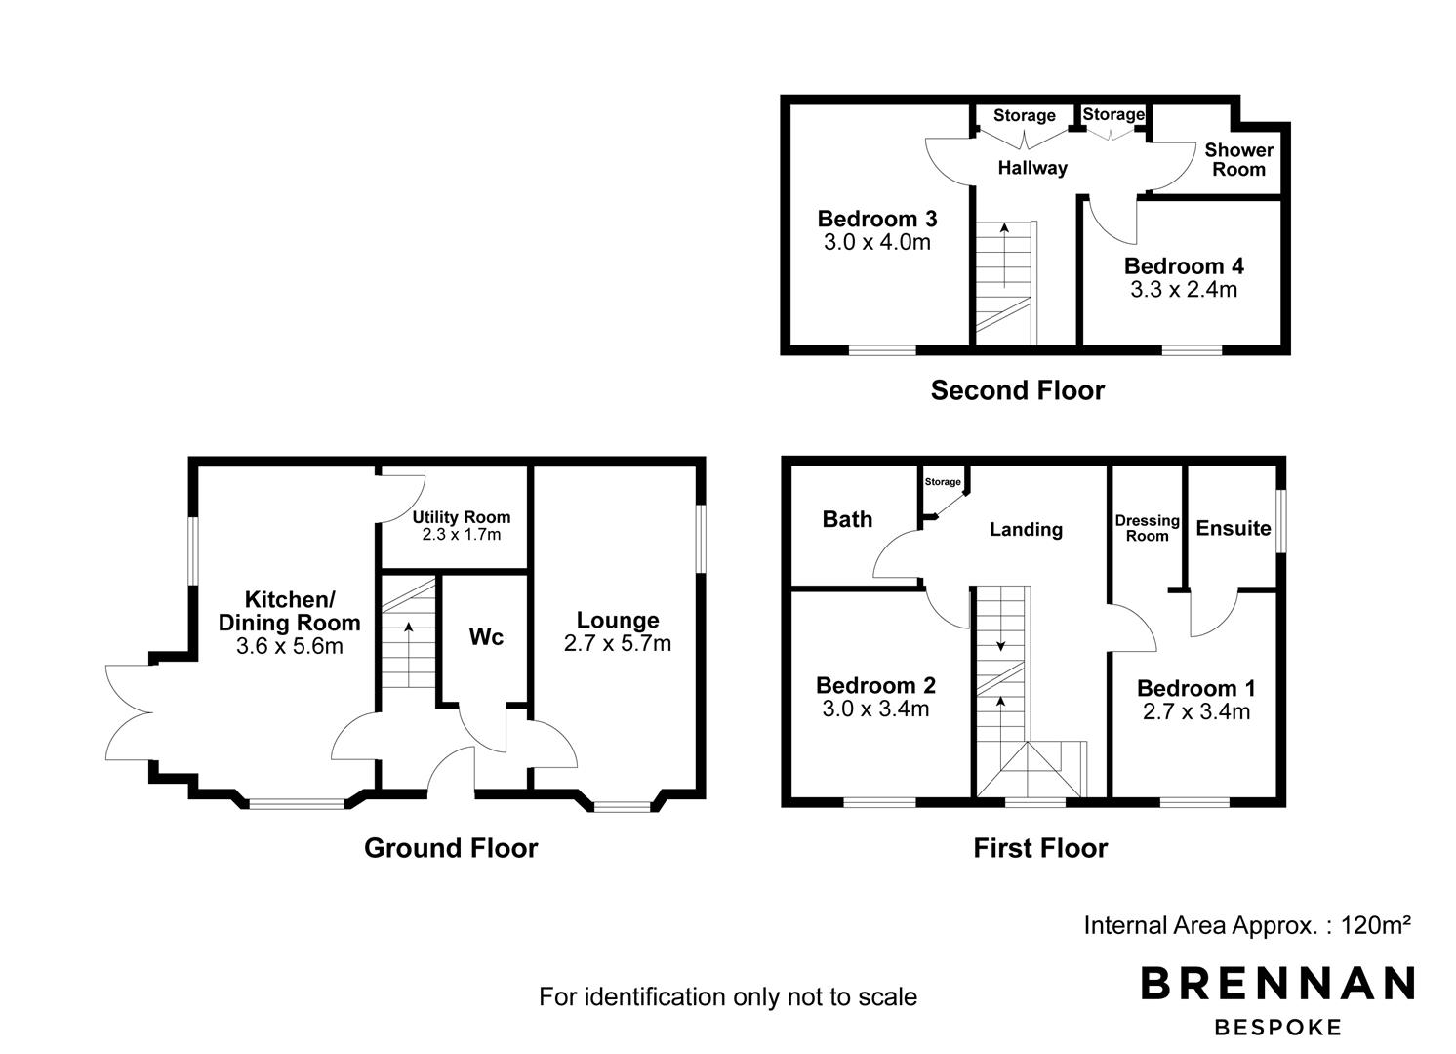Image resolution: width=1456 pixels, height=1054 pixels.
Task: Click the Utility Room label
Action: (x=462, y=517)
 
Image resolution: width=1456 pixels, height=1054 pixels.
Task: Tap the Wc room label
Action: (x=486, y=637)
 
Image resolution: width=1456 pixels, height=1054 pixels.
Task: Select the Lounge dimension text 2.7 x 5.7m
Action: (x=618, y=644)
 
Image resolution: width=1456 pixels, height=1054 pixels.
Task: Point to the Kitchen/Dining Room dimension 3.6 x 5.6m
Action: (x=290, y=646)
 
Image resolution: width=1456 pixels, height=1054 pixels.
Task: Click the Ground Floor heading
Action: (x=451, y=848)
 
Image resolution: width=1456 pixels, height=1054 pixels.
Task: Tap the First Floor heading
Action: (x=1040, y=848)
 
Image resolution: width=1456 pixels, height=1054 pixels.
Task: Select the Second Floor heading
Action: (x=1018, y=390)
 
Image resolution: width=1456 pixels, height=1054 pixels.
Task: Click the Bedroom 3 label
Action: (x=877, y=219)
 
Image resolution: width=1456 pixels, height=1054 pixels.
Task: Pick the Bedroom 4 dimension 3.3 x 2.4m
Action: (x=1185, y=289)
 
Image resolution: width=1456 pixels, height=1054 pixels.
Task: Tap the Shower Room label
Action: (x=1239, y=159)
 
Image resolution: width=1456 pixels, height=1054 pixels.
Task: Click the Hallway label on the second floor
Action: (x=1032, y=168)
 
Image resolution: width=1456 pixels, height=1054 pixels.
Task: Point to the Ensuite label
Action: (x=1234, y=528)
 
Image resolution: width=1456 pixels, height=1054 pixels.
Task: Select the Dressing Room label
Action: (x=1148, y=528)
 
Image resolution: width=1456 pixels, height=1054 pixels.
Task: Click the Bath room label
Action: (x=848, y=519)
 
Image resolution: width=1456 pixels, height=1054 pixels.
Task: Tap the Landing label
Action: (x=1027, y=529)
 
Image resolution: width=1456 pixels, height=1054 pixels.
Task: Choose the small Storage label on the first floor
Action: (x=943, y=482)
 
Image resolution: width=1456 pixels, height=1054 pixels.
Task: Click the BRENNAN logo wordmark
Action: (x=1277, y=983)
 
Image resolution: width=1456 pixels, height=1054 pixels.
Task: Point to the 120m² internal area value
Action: (x=1376, y=924)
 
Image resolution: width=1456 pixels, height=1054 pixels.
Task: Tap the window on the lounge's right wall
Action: (x=701, y=539)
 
